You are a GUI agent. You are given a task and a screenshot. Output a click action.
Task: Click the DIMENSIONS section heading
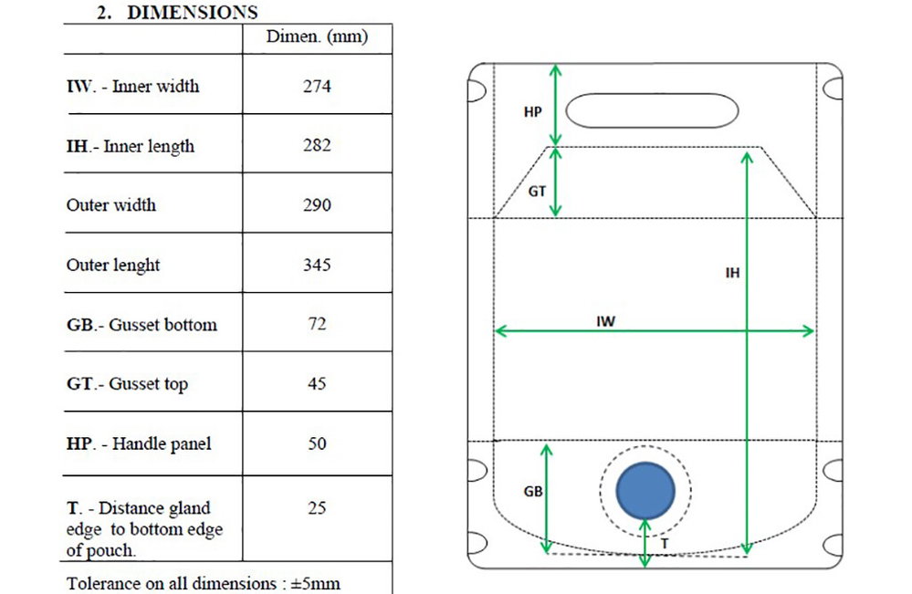pyautogui.click(x=177, y=12)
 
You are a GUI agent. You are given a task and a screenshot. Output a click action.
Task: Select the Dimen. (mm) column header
pyautogui.click(x=317, y=36)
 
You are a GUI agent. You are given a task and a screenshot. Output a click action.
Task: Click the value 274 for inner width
pyautogui.click(x=317, y=86)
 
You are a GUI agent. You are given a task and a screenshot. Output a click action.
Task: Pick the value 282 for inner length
pyautogui.click(x=317, y=145)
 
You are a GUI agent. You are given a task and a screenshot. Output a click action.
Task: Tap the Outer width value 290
pyautogui.click(x=317, y=204)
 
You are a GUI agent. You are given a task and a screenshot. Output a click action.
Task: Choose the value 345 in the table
pyautogui.click(x=317, y=265)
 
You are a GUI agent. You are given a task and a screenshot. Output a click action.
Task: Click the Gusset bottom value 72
pyautogui.click(x=317, y=323)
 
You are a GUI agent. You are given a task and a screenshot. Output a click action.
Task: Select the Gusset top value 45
pyautogui.click(x=317, y=383)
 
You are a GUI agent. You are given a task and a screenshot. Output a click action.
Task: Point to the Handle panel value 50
pyautogui.click(x=317, y=443)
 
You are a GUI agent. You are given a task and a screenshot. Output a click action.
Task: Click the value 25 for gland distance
pyautogui.click(x=317, y=508)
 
